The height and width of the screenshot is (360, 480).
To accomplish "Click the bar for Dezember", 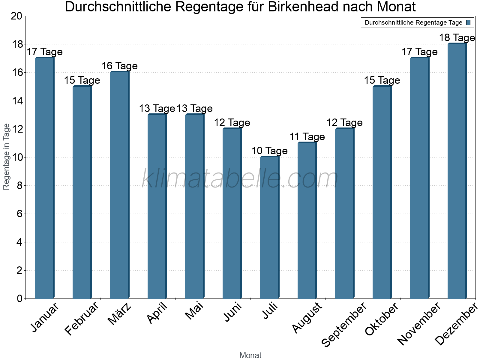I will [x=457, y=171].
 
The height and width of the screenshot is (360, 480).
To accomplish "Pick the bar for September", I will [x=344, y=213].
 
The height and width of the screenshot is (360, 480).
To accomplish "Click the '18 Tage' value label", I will [x=457, y=38].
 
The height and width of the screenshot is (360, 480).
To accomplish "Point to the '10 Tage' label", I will [x=269, y=151].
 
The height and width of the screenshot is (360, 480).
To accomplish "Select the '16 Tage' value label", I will [x=119, y=66].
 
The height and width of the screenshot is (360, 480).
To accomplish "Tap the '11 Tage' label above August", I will [x=307, y=137].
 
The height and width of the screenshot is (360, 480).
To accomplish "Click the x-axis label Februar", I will [x=82, y=318].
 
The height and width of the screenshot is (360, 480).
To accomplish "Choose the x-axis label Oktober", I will [x=382, y=319].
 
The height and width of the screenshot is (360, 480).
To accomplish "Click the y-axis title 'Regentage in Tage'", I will [x=7, y=157].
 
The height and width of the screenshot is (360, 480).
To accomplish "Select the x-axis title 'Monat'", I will [x=250, y=355].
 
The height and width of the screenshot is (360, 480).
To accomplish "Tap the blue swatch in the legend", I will [x=468, y=22].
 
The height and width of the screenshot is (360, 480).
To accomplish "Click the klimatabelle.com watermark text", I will [x=240, y=179].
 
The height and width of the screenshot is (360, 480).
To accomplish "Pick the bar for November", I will [x=419, y=178].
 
